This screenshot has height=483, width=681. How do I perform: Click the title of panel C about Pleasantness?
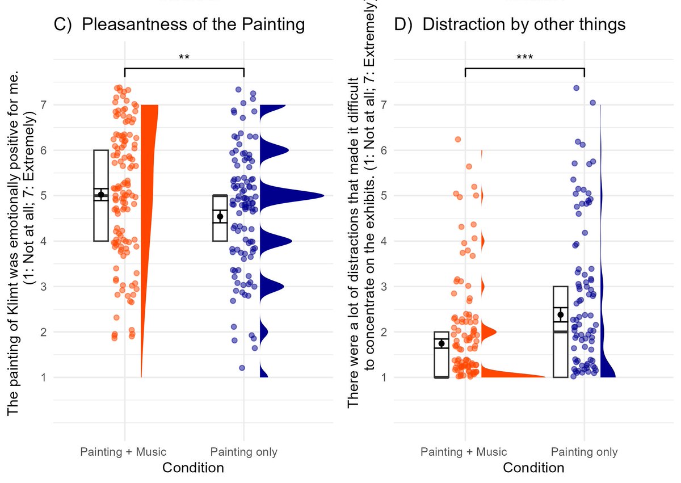click(179, 25)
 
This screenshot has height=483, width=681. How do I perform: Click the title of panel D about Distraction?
click(509, 25)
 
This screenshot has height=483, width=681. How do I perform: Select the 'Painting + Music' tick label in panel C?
click(123, 452)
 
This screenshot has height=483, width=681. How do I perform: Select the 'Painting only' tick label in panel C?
click(243, 452)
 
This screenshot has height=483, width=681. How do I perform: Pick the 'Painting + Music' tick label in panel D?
click(464, 452)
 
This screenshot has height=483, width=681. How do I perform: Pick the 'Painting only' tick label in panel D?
click(584, 452)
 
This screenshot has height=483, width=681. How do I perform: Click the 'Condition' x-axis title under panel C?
click(193, 468)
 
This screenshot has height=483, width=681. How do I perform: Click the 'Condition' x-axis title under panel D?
click(533, 468)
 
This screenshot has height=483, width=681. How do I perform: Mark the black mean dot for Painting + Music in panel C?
click(101, 195)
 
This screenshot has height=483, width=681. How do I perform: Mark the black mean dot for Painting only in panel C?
click(220, 216)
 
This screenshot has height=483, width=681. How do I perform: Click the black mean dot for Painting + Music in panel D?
click(442, 343)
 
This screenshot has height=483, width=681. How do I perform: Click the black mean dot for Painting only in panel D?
click(561, 314)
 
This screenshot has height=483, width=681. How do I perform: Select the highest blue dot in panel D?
click(576, 88)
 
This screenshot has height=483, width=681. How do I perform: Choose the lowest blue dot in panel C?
click(242, 368)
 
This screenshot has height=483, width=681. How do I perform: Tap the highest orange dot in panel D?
click(457, 139)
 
